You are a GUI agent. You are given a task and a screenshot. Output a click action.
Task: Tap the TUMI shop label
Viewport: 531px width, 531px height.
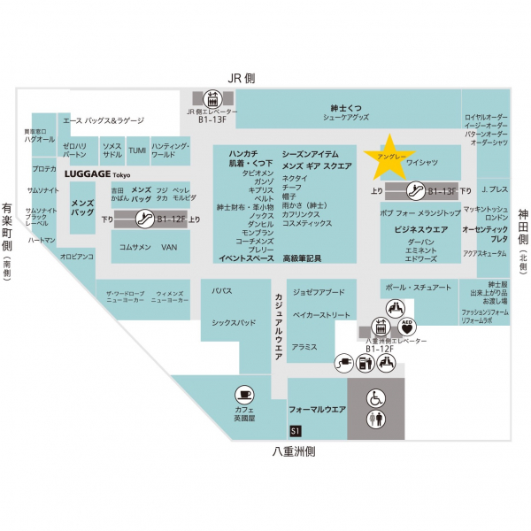point(137,150)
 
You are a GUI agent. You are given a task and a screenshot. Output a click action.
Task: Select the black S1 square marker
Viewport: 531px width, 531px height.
point(296,430)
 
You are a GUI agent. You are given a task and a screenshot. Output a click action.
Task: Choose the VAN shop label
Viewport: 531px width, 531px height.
point(170,247)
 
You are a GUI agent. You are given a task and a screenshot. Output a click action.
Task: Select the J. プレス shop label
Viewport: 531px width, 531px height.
point(495,189)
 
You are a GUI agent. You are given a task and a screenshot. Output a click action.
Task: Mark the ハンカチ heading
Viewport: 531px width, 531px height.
point(243,152)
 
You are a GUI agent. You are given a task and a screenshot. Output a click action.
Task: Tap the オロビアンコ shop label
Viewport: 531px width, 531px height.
point(77,258)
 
